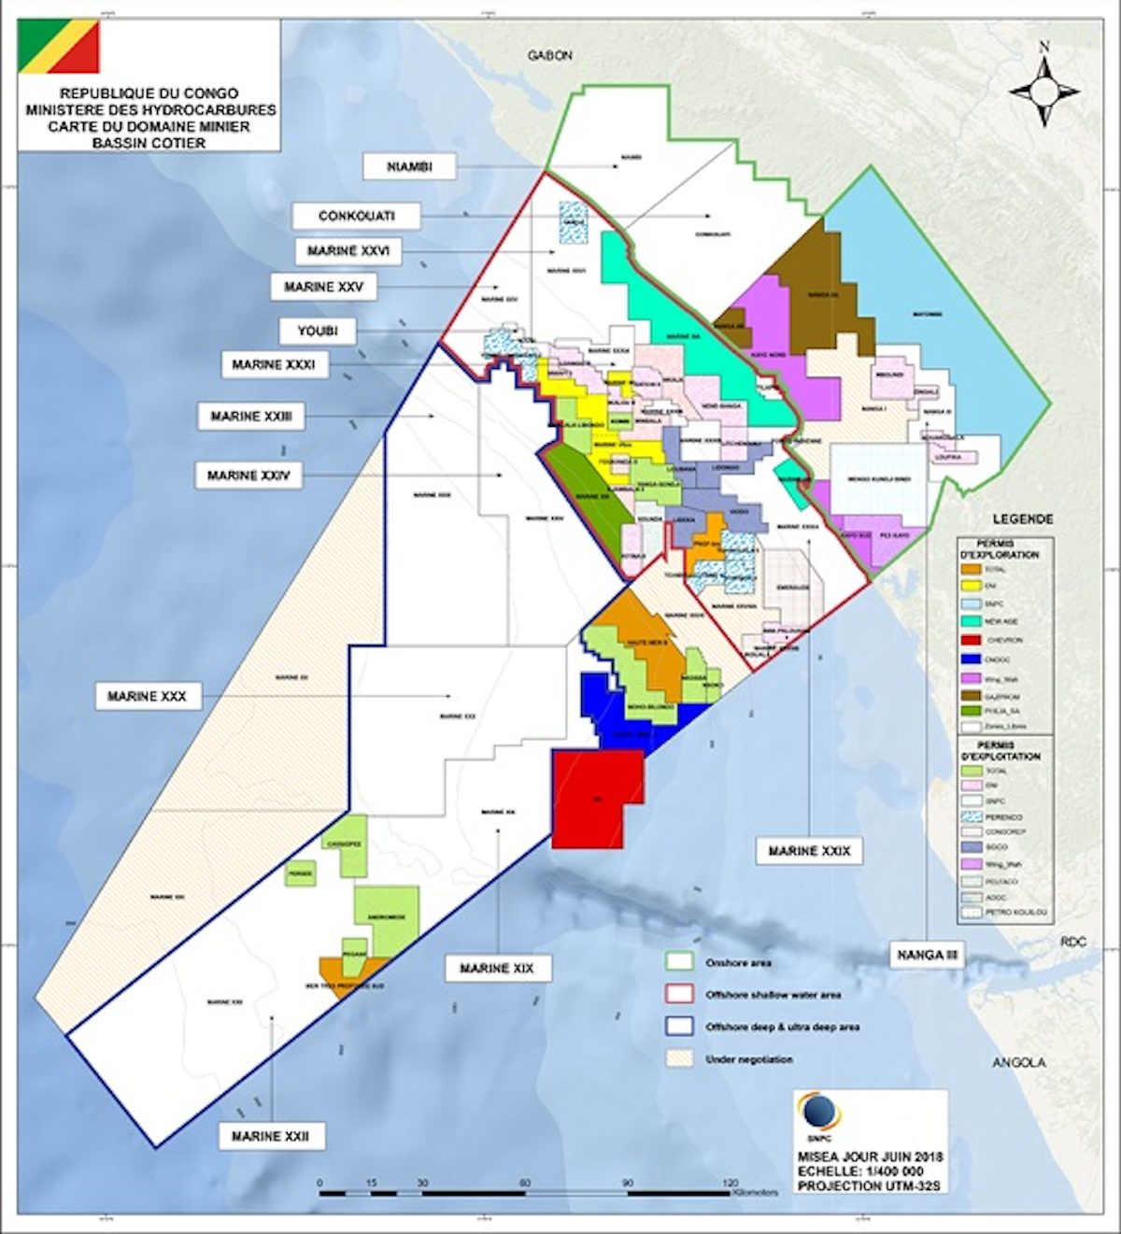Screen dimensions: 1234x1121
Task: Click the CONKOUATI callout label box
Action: (356, 216)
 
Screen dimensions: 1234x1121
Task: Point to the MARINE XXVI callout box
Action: (348, 251)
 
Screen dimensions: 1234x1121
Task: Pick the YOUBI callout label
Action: (318, 331)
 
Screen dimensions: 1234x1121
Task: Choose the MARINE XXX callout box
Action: (147, 696)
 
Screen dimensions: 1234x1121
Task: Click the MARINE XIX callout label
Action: (497, 968)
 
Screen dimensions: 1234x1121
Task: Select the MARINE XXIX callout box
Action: (809, 851)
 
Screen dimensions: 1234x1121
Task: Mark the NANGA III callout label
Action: (928, 955)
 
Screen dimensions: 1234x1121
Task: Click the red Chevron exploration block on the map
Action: (597, 799)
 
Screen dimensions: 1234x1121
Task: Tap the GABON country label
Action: (549, 56)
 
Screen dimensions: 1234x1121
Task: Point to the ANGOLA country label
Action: (1018, 1062)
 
